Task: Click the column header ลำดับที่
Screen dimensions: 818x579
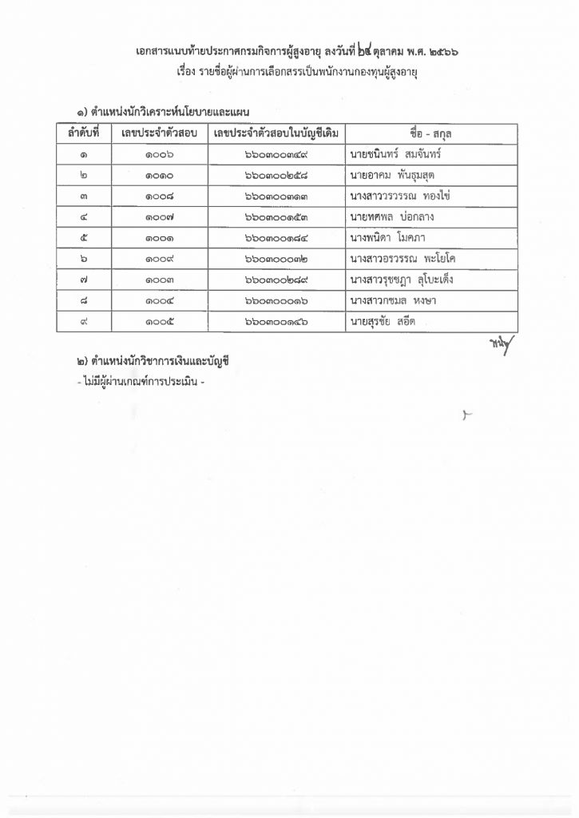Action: (84, 133)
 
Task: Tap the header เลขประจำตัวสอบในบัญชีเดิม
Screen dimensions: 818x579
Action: (276, 133)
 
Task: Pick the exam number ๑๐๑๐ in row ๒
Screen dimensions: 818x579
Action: (160, 175)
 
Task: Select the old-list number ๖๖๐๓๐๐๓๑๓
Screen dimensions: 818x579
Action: (277, 196)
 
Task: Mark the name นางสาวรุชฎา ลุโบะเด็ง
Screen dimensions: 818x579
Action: (402, 280)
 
